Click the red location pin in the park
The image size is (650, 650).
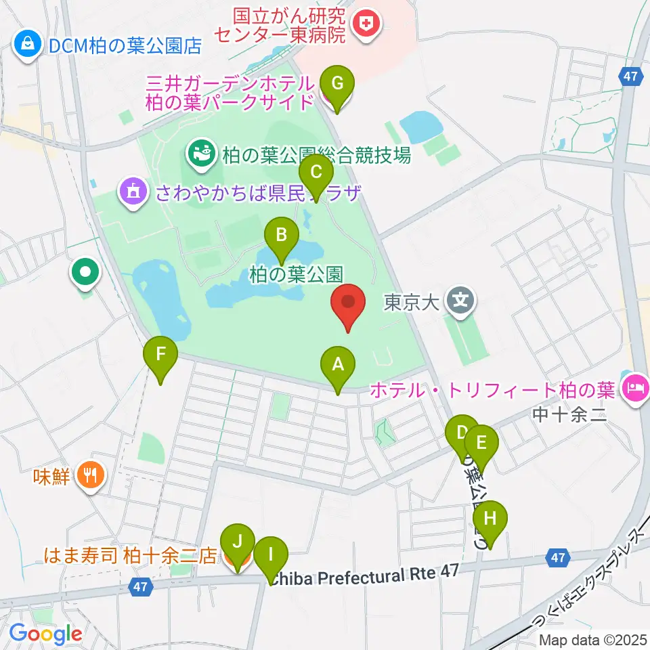348,307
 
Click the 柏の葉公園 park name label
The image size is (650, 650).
296,274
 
